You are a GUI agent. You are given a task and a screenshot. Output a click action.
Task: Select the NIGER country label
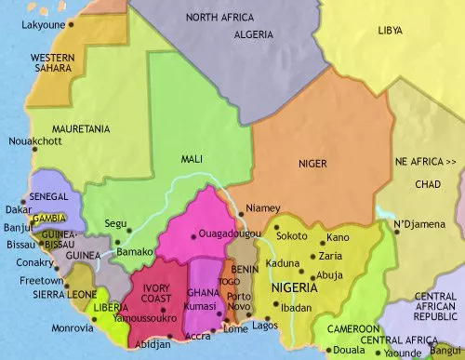(x=312, y=163)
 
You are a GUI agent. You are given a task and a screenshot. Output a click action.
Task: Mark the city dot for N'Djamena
(x=395, y=233)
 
